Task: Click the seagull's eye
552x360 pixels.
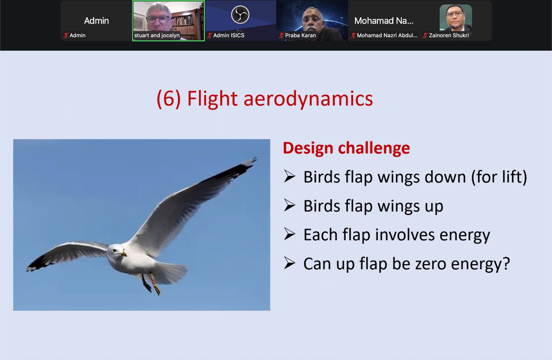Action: (x=115, y=250)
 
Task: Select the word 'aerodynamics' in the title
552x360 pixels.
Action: (x=308, y=99)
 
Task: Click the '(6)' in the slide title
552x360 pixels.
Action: (x=169, y=99)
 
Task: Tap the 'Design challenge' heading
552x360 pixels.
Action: (x=346, y=148)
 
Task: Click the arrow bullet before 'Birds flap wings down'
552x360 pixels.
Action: (x=289, y=176)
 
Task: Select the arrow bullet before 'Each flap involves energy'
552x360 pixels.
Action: (x=289, y=234)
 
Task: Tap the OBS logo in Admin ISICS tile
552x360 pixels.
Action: (x=240, y=14)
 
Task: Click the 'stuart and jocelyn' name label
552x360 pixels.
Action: (x=157, y=36)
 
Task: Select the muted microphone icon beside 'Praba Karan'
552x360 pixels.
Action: (x=282, y=36)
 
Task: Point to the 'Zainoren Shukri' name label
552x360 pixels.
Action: (x=449, y=36)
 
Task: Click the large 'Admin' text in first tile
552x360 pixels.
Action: (x=96, y=21)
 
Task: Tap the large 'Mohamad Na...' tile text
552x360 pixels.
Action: (x=384, y=21)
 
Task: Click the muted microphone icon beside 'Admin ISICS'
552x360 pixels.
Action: (x=210, y=36)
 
